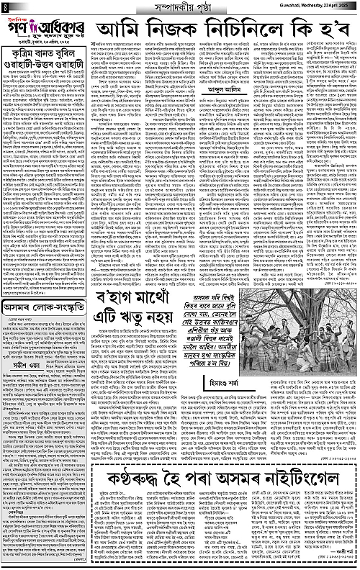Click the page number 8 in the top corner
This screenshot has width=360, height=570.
point(4,6)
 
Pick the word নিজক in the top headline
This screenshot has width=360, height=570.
point(179,32)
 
